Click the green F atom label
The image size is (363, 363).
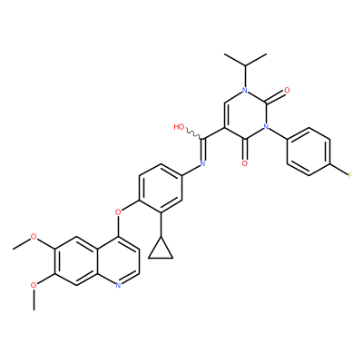pos(350,175)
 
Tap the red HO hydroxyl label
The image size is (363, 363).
pos(179,127)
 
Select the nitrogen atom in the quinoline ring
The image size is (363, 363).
pos(118,285)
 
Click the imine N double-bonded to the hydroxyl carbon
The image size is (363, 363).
pos(202,163)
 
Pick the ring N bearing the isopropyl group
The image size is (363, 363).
pos(245,91)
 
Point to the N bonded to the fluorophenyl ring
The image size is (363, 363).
pos(266,127)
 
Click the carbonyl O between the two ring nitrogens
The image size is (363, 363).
pos(287,91)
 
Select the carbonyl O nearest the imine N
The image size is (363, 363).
pos(245,163)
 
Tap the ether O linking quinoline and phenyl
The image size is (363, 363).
pos(118,211)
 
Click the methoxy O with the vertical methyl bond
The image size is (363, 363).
pos(34,285)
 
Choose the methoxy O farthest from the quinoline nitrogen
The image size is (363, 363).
pos(34,236)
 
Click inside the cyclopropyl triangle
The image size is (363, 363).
pos(161,252)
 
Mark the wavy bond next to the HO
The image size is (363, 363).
pos(192,133)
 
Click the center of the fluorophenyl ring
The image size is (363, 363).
pos(308,152)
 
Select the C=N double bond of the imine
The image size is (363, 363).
pos(202,150)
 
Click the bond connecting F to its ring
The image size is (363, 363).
pos(338,170)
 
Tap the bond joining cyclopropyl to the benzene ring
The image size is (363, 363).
pos(161,224)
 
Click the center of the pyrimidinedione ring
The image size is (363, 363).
pos(245,115)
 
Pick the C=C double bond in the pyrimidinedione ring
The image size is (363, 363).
pos(225,115)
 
